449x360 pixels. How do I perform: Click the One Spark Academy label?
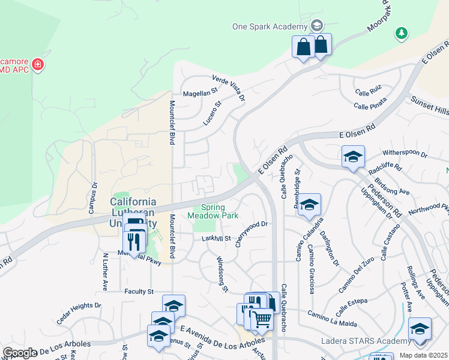(270, 26)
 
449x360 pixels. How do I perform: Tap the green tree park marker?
(402, 34)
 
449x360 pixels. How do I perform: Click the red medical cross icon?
(38, 64)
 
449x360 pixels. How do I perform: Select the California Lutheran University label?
(133, 211)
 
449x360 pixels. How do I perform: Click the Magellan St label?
(199, 93)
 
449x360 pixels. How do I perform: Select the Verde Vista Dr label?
(229, 88)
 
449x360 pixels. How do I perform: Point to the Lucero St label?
(212, 112)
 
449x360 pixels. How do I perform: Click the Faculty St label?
(139, 292)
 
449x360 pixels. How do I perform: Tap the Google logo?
(19, 353)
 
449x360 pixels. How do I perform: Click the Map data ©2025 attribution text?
(424, 355)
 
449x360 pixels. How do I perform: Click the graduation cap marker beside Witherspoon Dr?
(353, 157)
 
